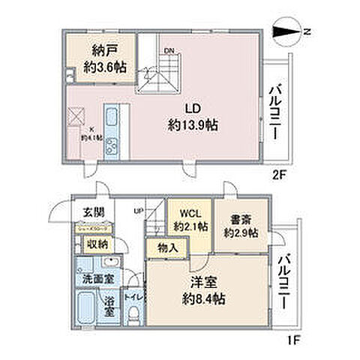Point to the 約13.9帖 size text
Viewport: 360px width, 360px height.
click(193, 126)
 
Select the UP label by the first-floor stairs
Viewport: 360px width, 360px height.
click(139, 209)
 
